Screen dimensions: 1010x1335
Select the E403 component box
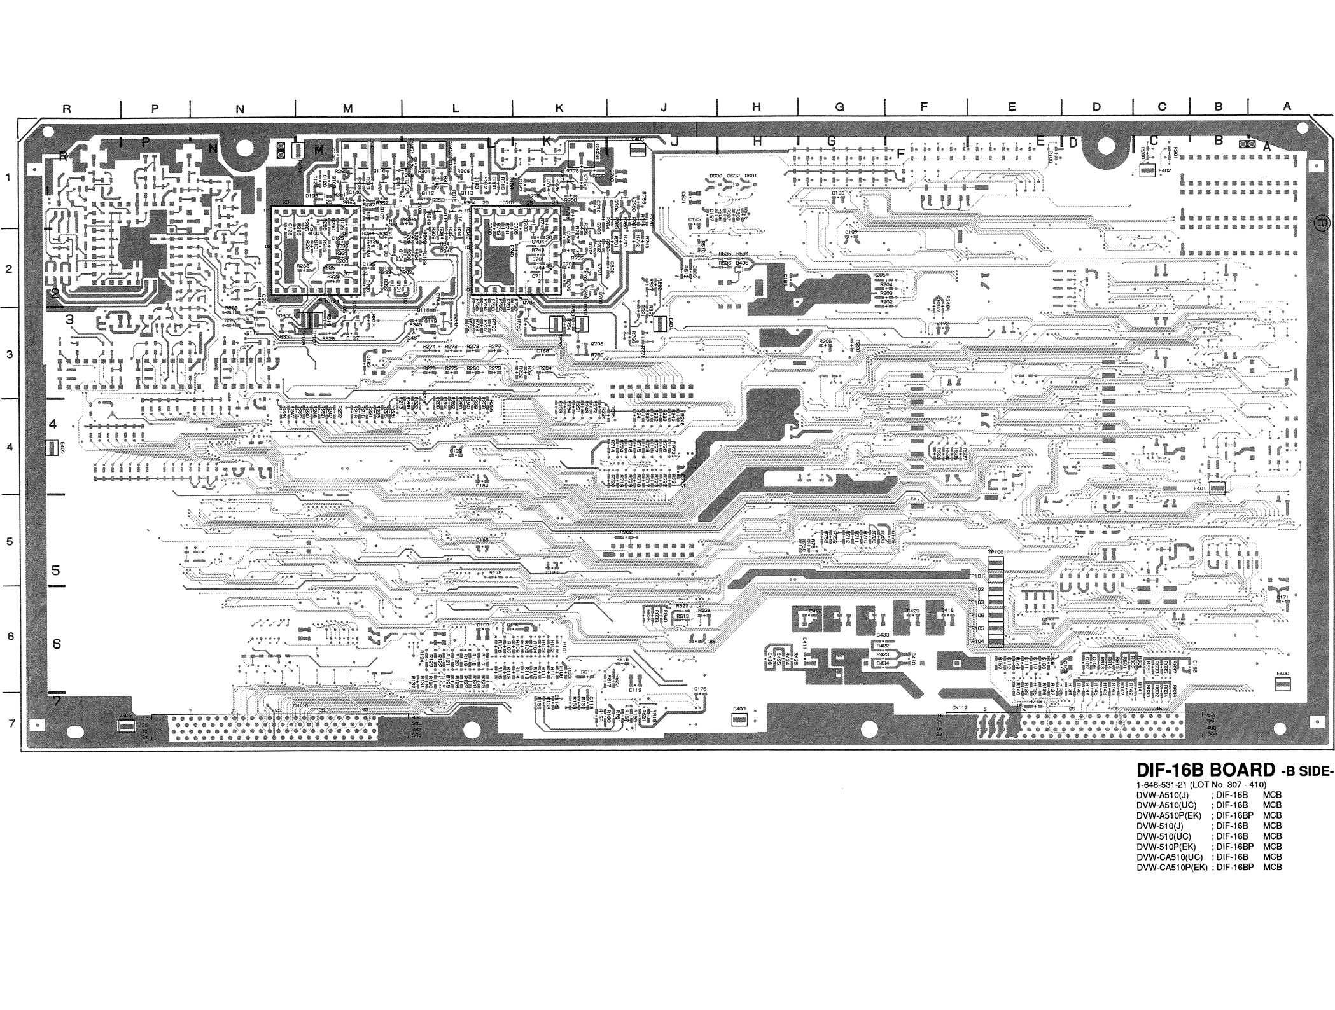coord(739,720)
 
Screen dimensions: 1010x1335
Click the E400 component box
coord(1282,684)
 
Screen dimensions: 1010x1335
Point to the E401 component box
coord(1217,488)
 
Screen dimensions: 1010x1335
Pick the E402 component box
coord(1147,170)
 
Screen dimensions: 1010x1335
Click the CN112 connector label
coord(960,707)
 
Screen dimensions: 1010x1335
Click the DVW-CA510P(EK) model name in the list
coord(1172,867)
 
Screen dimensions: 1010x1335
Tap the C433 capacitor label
coord(883,635)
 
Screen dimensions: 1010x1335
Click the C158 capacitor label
coord(1178,624)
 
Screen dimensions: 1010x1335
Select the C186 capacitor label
coord(709,641)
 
